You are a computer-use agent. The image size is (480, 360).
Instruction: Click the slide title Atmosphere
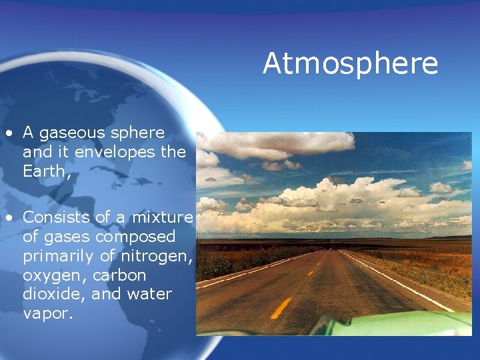click(x=350, y=64)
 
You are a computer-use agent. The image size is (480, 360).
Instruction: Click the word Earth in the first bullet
click(x=41, y=171)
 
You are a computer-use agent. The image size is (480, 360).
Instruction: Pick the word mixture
click(x=162, y=217)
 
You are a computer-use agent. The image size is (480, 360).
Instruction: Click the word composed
click(x=136, y=237)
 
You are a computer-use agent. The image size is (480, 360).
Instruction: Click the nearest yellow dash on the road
click(x=281, y=307)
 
